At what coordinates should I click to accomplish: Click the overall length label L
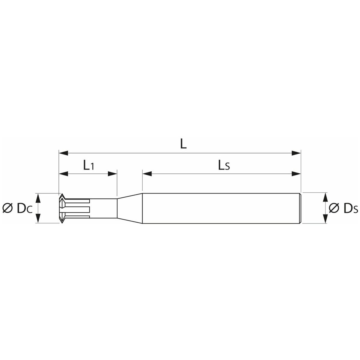(x=184, y=145)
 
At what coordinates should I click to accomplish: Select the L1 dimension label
(x=88, y=165)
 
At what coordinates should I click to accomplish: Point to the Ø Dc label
(x=17, y=208)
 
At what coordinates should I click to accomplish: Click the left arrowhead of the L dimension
(x=63, y=153)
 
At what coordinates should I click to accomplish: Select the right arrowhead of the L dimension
(x=296, y=153)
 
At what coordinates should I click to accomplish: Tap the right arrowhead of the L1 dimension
(x=112, y=173)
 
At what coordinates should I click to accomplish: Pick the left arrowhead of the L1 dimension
(x=63, y=173)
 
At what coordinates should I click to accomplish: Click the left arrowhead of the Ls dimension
(x=147, y=173)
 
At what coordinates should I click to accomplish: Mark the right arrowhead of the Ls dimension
(x=296, y=173)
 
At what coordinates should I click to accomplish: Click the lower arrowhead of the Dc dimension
(x=38, y=219)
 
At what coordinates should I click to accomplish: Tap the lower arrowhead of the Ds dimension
(x=325, y=219)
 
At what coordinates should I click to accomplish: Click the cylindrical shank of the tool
(x=220, y=208)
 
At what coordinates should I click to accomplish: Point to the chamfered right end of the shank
(x=300, y=208)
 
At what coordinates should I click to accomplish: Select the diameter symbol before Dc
(x=7, y=208)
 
